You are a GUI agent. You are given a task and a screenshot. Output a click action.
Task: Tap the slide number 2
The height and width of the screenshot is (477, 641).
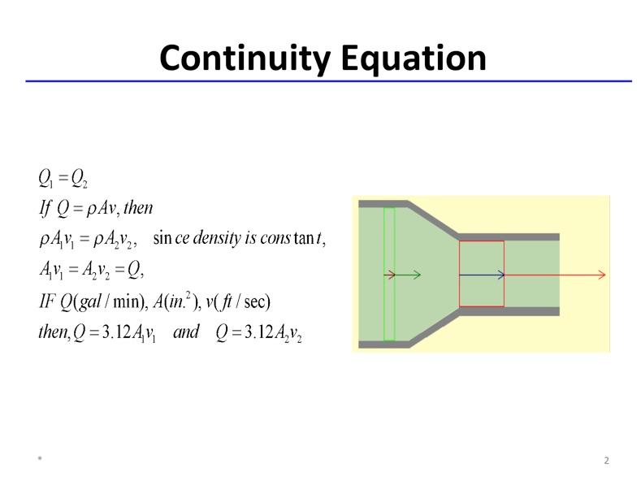click(x=606, y=461)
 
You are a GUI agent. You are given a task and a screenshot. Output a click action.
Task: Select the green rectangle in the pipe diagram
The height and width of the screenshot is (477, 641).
click(x=389, y=274)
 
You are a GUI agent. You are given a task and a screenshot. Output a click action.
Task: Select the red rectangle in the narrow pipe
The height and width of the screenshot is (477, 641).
click(x=481, y=274)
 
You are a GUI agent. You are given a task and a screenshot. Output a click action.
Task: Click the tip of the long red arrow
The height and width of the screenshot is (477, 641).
click(x=604, y=275)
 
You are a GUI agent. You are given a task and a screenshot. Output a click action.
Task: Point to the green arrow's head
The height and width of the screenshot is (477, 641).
click(x=418, y=275)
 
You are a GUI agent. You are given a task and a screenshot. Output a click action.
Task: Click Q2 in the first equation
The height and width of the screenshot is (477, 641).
click(x=80, y=178)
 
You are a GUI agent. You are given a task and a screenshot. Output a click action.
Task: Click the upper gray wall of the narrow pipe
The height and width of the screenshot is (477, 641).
click(x=509, y=236)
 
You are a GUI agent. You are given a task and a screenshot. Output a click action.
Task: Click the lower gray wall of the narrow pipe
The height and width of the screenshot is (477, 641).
click(x=509, y=311)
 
